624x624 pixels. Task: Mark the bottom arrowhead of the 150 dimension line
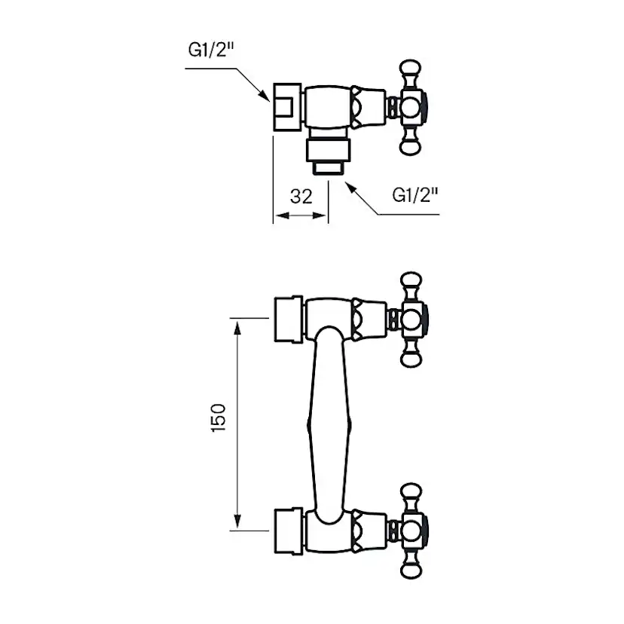237,523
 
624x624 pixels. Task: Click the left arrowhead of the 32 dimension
278,216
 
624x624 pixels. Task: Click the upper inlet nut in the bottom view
288,317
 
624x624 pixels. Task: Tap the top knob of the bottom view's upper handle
412,283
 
